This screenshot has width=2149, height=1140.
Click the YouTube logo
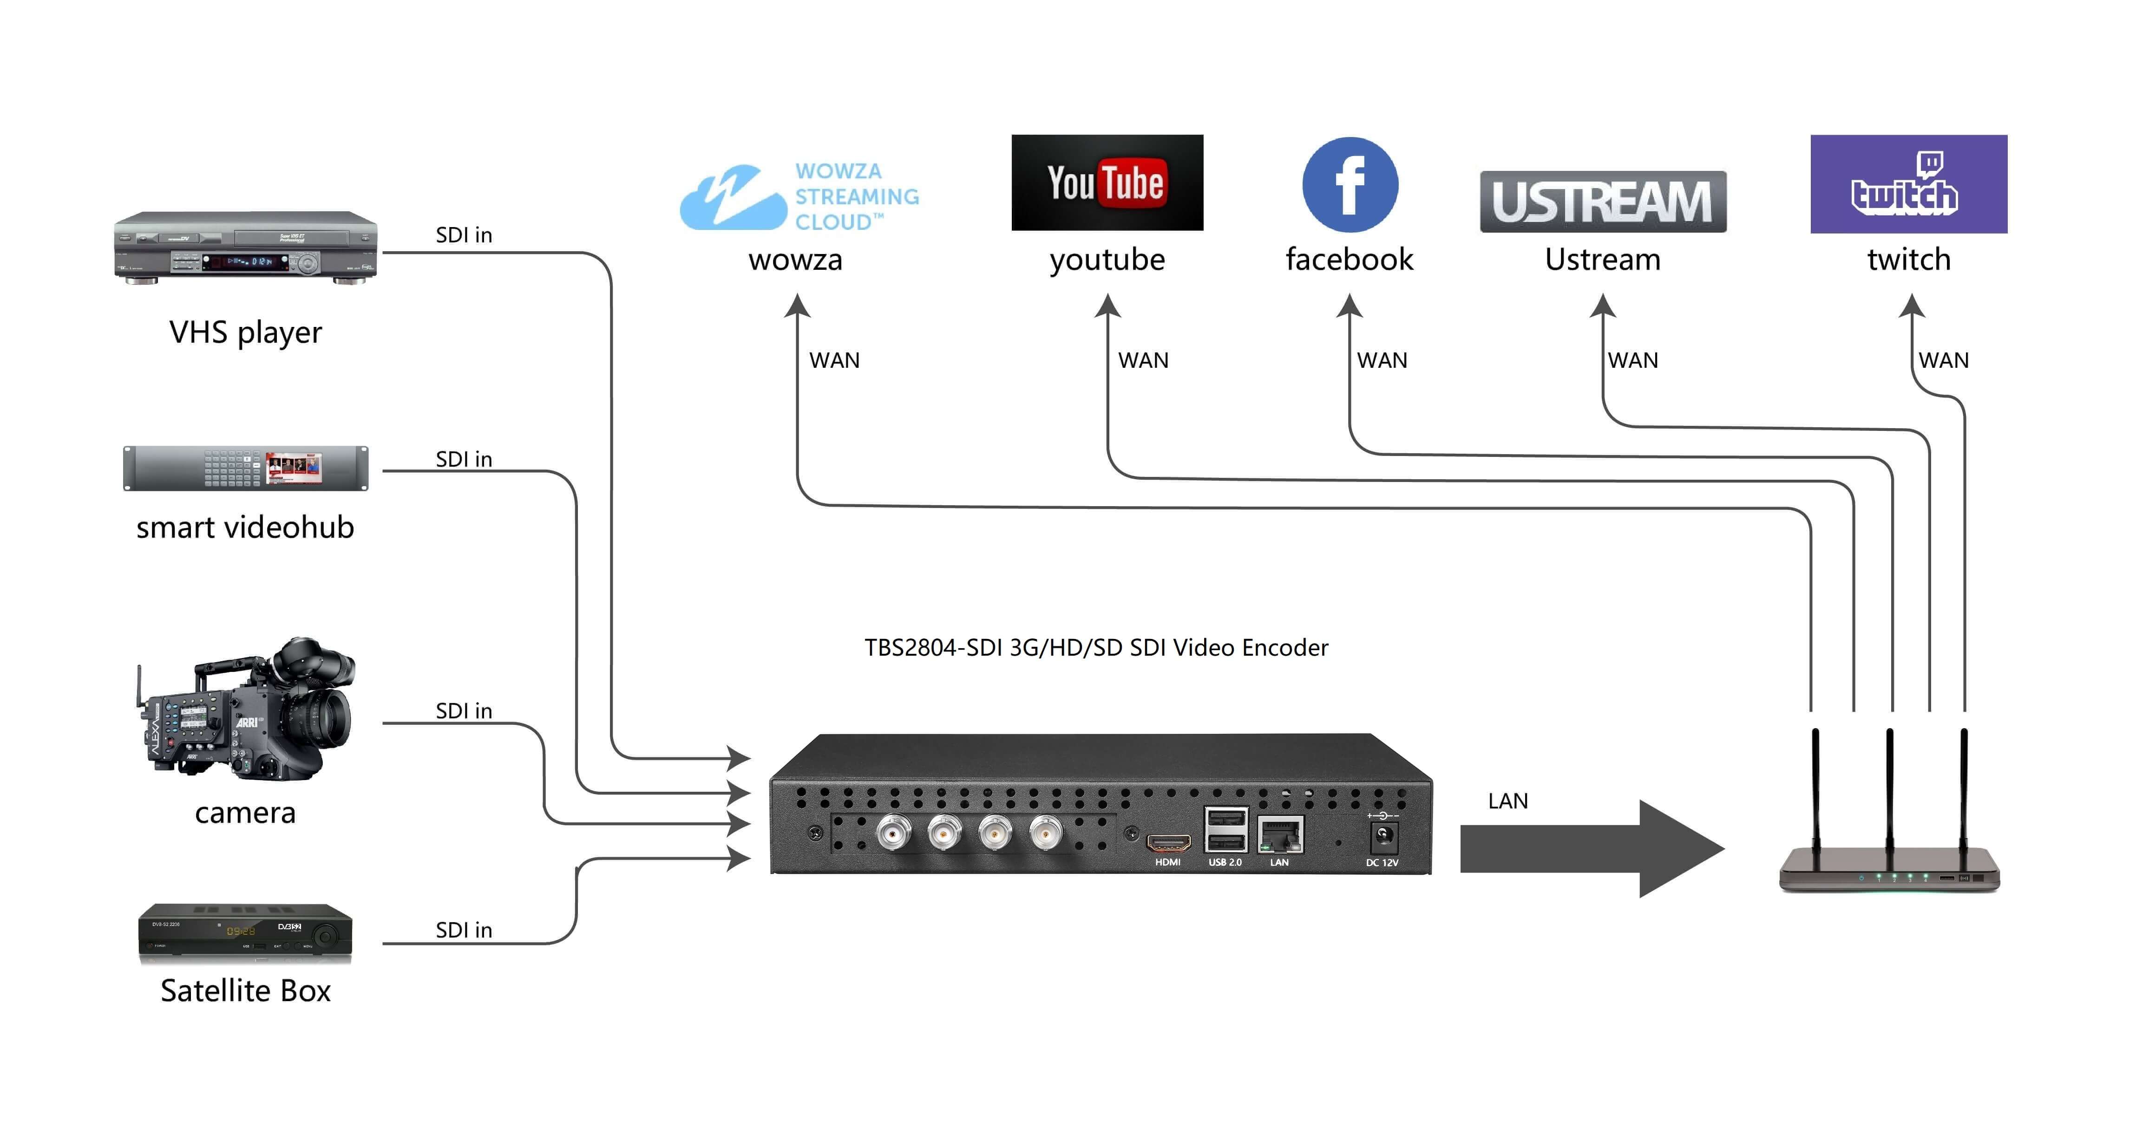(1107, 182)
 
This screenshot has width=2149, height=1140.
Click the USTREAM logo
(1603, 202)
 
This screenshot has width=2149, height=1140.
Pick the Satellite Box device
(245, 932)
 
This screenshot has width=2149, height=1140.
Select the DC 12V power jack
(1382, 835)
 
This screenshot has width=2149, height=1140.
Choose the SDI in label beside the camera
(464, 710)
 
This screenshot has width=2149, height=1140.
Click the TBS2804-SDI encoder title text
(1095, 648)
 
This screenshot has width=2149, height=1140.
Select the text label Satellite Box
(245, 991)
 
